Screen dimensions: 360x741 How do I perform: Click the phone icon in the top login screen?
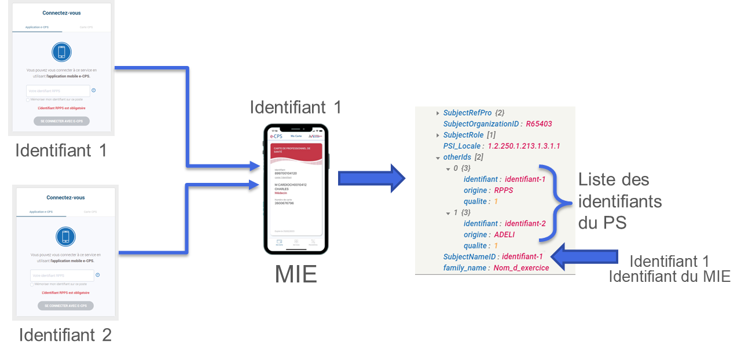[x=61, y=52]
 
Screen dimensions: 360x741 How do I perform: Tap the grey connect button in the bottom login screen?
[x=65, y=306]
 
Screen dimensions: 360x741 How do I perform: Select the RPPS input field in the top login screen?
[x=58, y=91]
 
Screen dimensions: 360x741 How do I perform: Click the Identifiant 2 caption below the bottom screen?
[x=65, y=335]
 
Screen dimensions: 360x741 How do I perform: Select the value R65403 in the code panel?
[x=538, y=124]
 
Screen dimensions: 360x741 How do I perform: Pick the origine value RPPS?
[x=503, y=190]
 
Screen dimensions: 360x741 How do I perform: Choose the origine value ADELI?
[x=505, y=234]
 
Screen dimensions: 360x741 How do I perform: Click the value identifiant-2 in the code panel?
[x=525, y=223]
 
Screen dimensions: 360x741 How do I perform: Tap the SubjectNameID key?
[x=470, y=256]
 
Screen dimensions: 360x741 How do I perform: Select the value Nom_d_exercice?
[x=521, y=268]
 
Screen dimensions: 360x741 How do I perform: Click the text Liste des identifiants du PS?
[x=619, y=201]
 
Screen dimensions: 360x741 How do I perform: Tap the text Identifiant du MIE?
[x=669, y=277]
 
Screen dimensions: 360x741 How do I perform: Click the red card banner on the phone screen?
[x=295, y=151]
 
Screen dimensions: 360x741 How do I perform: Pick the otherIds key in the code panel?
[x=457, y=157]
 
